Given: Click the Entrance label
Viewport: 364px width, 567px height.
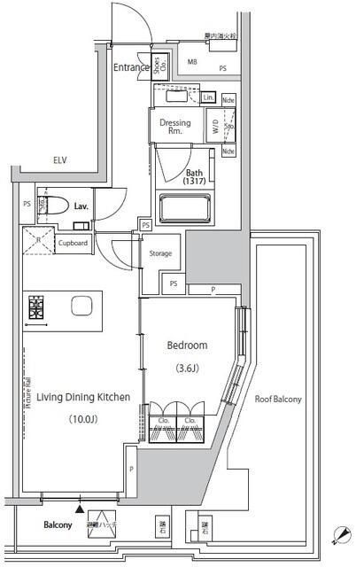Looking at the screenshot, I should click(131, 68).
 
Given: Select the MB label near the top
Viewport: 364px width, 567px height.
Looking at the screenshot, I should click(193, 60).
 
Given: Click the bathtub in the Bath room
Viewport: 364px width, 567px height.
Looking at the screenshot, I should click(184, 210).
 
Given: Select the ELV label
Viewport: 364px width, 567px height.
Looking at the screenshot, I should click(60, 160).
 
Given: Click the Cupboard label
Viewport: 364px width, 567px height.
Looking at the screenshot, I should click(74, 242).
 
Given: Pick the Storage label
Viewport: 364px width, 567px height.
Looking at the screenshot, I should click(160, 253).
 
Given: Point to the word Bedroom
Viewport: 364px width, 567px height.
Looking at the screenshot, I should click(187, 346).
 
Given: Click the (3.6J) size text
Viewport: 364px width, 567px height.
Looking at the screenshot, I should click(187, 368).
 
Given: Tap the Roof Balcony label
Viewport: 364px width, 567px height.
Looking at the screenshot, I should click(277, 400).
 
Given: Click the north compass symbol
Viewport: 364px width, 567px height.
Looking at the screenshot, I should click(342, 535).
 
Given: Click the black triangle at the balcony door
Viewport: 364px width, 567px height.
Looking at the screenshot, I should click(81, 509).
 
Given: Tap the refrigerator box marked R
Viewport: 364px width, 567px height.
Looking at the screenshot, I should click(39, 240).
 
